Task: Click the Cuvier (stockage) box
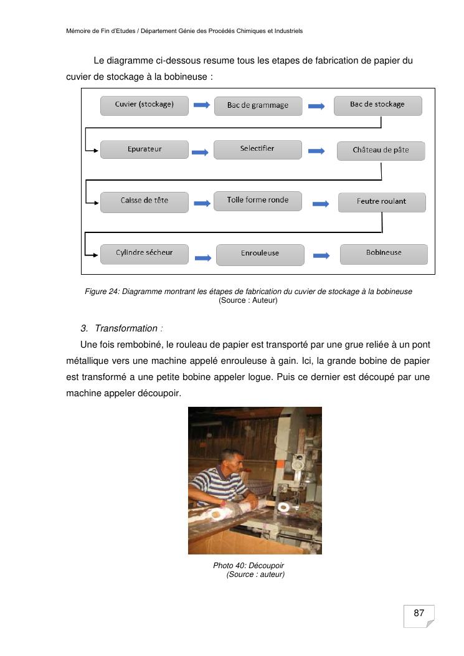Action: point(144,105)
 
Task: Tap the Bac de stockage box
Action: point(377,105)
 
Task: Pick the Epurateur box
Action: point(144,150)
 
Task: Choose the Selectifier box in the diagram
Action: point(257,150)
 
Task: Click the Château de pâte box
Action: point(381,151)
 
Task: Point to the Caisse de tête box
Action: point(144,201)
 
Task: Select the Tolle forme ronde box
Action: point(257,201)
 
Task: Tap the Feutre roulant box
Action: point(381,202)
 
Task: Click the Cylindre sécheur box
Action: point(144,253)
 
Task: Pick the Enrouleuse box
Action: point(260,254)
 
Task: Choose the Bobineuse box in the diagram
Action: point(384,254)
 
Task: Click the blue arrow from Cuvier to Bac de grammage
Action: point(201,105)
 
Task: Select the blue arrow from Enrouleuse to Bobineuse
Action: point(321,255)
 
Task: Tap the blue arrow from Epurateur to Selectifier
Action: point(201,151)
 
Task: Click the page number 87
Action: point(419,614)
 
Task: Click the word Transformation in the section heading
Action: point(126,328)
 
